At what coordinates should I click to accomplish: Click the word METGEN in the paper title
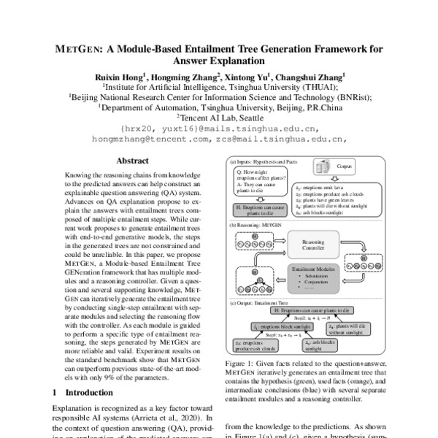tap(77, 50)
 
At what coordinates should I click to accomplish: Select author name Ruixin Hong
tap(119, 74)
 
